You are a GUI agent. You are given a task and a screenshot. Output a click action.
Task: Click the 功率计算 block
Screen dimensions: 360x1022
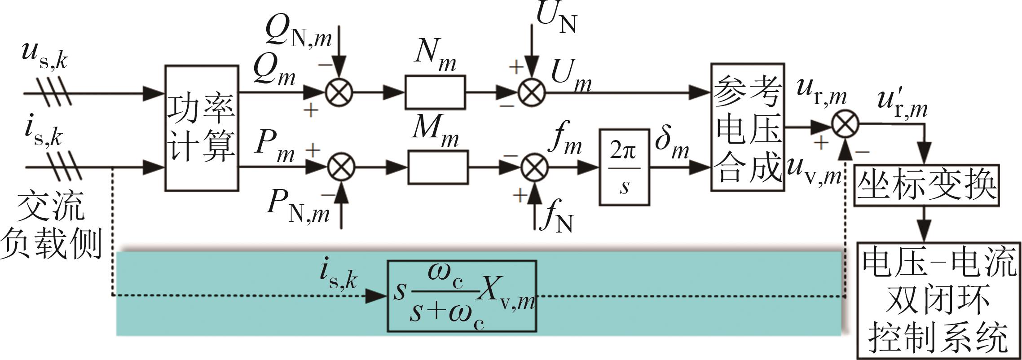point(201,128)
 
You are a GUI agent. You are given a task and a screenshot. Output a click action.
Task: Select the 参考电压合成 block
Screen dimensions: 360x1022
point(747,127)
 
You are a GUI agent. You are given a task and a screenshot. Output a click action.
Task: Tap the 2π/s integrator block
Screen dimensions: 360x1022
point(624,167)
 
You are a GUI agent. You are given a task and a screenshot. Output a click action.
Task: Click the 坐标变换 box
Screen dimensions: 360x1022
point(927,185)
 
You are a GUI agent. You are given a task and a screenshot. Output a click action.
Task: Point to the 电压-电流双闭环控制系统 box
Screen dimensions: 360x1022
point(939,300)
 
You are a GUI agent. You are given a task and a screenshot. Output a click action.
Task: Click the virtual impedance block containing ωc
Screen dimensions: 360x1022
point(462,296)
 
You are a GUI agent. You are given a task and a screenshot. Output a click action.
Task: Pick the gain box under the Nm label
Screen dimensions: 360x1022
point(435,92)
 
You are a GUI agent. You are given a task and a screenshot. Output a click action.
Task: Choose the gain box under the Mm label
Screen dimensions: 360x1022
point(438,167)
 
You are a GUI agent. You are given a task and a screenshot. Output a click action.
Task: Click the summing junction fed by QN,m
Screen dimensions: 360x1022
point(339,92)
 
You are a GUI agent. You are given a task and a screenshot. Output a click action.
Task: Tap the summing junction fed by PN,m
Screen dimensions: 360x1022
point(341,167)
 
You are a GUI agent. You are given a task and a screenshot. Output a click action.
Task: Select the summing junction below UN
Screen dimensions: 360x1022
point(532,92)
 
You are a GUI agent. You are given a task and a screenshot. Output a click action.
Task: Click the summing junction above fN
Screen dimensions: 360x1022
point(534,167)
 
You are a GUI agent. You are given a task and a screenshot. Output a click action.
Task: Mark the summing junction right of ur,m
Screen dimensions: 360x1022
point(845,124)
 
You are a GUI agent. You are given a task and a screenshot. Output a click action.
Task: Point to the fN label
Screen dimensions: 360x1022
point(557,218)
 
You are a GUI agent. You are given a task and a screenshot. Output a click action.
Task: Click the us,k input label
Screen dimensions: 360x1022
point(45,57)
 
